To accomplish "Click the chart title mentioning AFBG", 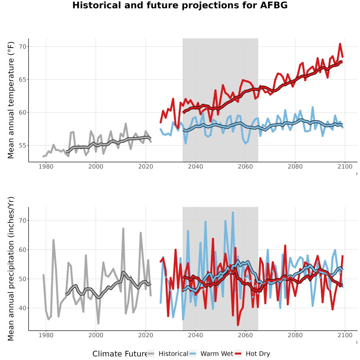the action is [180, 5].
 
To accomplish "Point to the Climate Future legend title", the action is [120, 354].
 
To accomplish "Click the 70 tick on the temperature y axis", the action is [23, 47].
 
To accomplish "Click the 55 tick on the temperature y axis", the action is [23, 146].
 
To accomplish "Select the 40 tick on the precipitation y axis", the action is [23, 308].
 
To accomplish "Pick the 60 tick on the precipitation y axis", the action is [23, 250].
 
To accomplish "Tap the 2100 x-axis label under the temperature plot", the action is [345, 166].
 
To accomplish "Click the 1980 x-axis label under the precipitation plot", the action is [46, 335].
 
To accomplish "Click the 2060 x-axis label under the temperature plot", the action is [245, 166].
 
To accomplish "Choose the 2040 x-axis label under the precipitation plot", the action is [195, 335].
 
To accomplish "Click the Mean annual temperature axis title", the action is [11, 100].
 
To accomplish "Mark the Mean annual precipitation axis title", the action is [11, 269].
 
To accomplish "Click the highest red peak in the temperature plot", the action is [340, 44].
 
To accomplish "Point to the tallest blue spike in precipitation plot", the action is [233, 213].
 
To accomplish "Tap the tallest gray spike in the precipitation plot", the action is [123, 229].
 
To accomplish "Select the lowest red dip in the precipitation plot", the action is [238, 325].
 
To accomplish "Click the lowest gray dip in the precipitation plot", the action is [98, 323].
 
